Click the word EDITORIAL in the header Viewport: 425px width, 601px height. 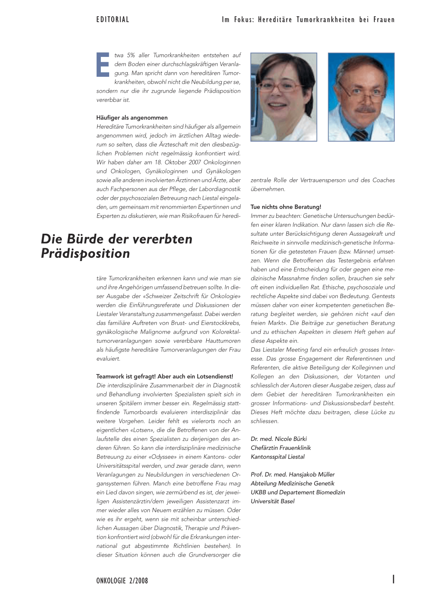(112, 20)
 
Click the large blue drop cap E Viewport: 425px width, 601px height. (103, 65)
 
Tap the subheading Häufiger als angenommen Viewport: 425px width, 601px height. (132, 117)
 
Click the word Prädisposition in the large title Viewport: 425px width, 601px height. (85, 253)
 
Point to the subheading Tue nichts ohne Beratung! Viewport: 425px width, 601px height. (286, 207)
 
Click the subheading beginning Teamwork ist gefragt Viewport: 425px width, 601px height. (164, 376)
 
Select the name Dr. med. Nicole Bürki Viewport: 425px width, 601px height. (278, 439)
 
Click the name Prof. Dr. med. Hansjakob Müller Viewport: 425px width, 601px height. (292, 474)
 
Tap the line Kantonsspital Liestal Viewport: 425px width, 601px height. (277, 457)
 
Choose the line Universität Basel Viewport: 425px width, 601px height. (272, 501)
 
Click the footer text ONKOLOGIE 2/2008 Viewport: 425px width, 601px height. (122, 581)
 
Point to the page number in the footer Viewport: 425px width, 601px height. (393, 579)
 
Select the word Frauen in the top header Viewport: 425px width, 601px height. (384, 20)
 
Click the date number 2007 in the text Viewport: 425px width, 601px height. (193, 162)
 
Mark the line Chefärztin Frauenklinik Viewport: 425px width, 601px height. (281, 448)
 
